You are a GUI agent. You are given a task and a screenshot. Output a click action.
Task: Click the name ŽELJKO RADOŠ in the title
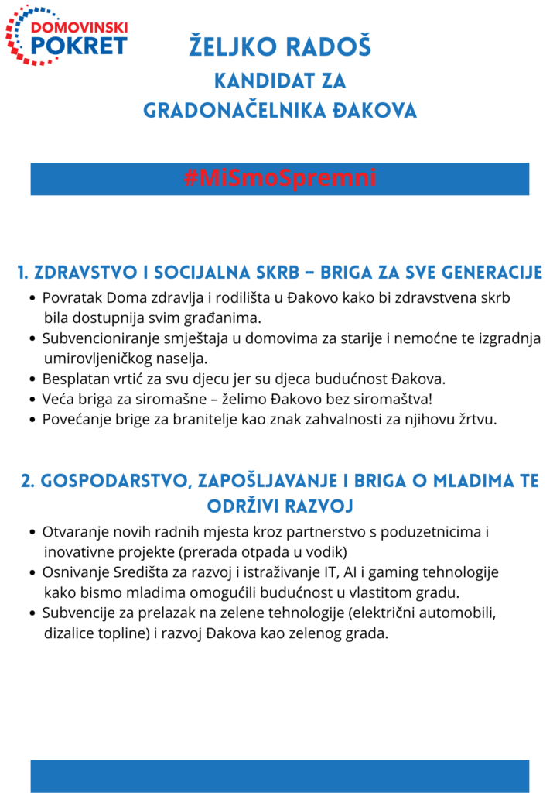(x=280, y=47)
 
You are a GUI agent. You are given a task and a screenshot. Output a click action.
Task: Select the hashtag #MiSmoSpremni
(x=280, y=178)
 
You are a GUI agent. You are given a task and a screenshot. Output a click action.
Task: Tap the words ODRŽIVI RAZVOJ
(x=280, y=506)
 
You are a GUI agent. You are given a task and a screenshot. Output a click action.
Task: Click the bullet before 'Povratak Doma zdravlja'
(x=32, y=298)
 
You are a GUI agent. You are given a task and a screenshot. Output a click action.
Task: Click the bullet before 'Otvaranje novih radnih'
(x=32, y=533)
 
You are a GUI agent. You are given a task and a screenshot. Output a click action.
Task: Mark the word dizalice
(x=70, y=633)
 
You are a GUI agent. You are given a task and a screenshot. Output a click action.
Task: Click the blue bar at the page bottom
(x=280, y=776)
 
